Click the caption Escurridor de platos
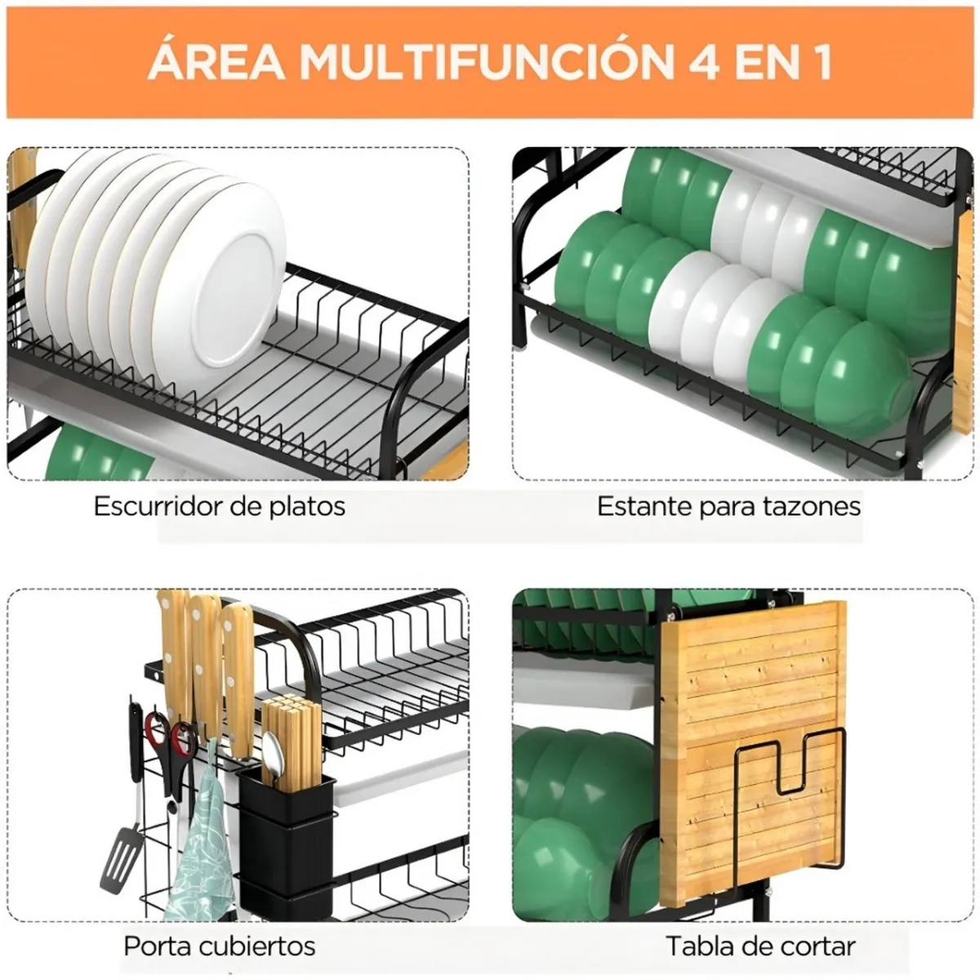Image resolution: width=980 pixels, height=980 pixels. pos(220,506)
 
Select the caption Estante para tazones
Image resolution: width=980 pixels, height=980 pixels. pos(728,506)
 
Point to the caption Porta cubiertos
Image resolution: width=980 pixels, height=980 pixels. pos(219,947)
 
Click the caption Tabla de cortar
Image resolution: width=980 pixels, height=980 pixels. pos(760,947)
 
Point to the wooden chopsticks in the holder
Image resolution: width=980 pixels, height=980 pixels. pos(292,735)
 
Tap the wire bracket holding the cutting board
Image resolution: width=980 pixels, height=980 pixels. pos(788,800)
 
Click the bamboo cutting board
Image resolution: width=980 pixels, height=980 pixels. pos(751,678)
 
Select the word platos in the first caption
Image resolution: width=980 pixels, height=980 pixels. pos(308,506)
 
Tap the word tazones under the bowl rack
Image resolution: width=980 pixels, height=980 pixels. pos(810,506)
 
